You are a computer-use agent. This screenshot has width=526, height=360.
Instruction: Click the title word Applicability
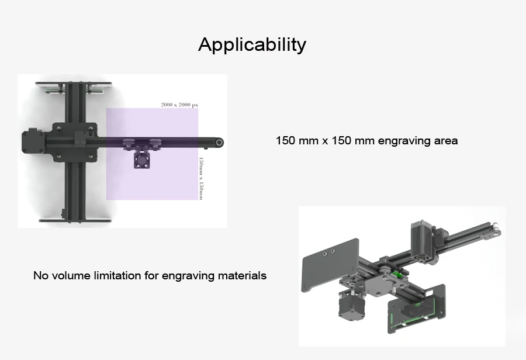[x=252, y=44]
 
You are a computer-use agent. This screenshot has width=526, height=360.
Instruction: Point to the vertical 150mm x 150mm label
[x=201, y=178]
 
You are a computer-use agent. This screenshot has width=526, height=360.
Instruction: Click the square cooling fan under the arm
[x=141, y=160]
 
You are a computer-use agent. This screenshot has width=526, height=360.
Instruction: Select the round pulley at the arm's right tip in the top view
[x=219, y=143]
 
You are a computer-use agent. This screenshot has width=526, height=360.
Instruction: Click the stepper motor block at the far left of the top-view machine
[x=33, y=142]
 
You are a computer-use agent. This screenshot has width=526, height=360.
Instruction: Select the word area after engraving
[x=446, y=141]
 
